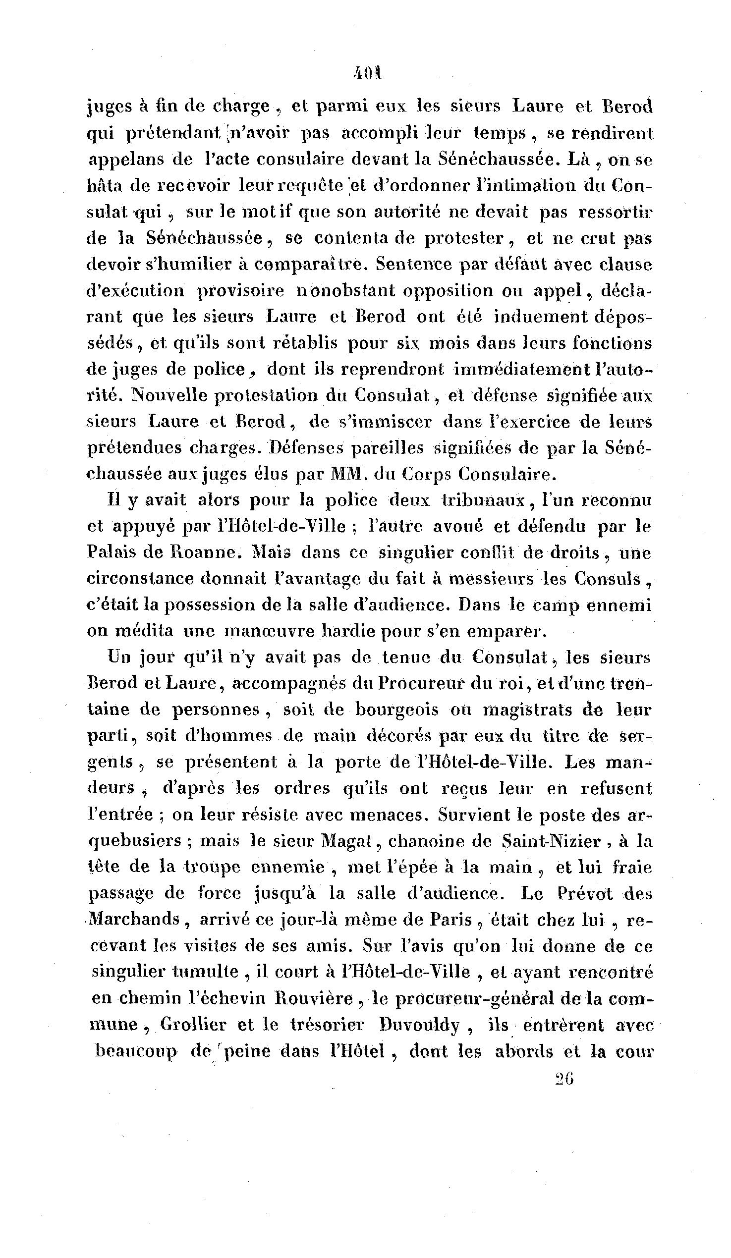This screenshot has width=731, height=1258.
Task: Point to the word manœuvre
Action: click(x=270, y=632)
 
